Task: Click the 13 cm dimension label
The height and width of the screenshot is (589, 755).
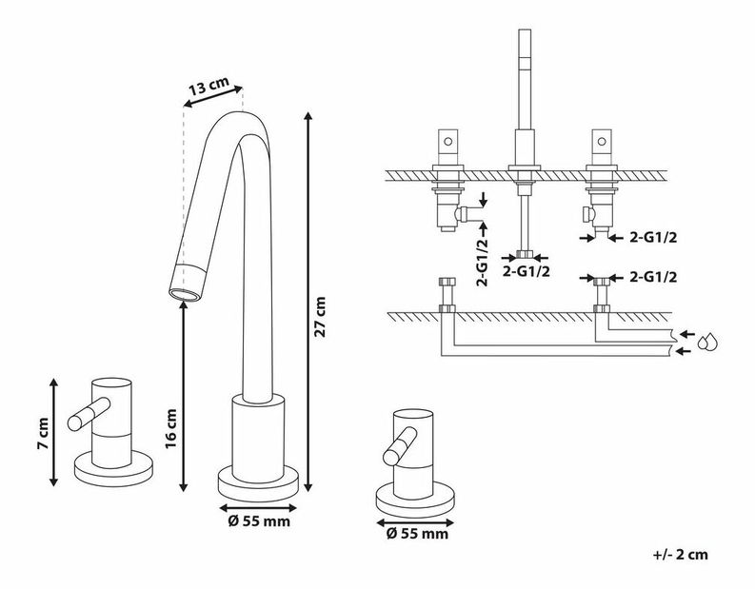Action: tap(209, 88)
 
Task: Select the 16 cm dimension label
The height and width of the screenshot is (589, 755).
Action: tap(172, 428)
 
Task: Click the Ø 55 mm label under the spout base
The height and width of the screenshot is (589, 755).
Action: tap(259, 520)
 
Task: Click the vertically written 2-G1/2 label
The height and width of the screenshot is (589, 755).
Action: tap(483, 260)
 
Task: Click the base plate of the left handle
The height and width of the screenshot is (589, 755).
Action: tap(114, 471)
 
